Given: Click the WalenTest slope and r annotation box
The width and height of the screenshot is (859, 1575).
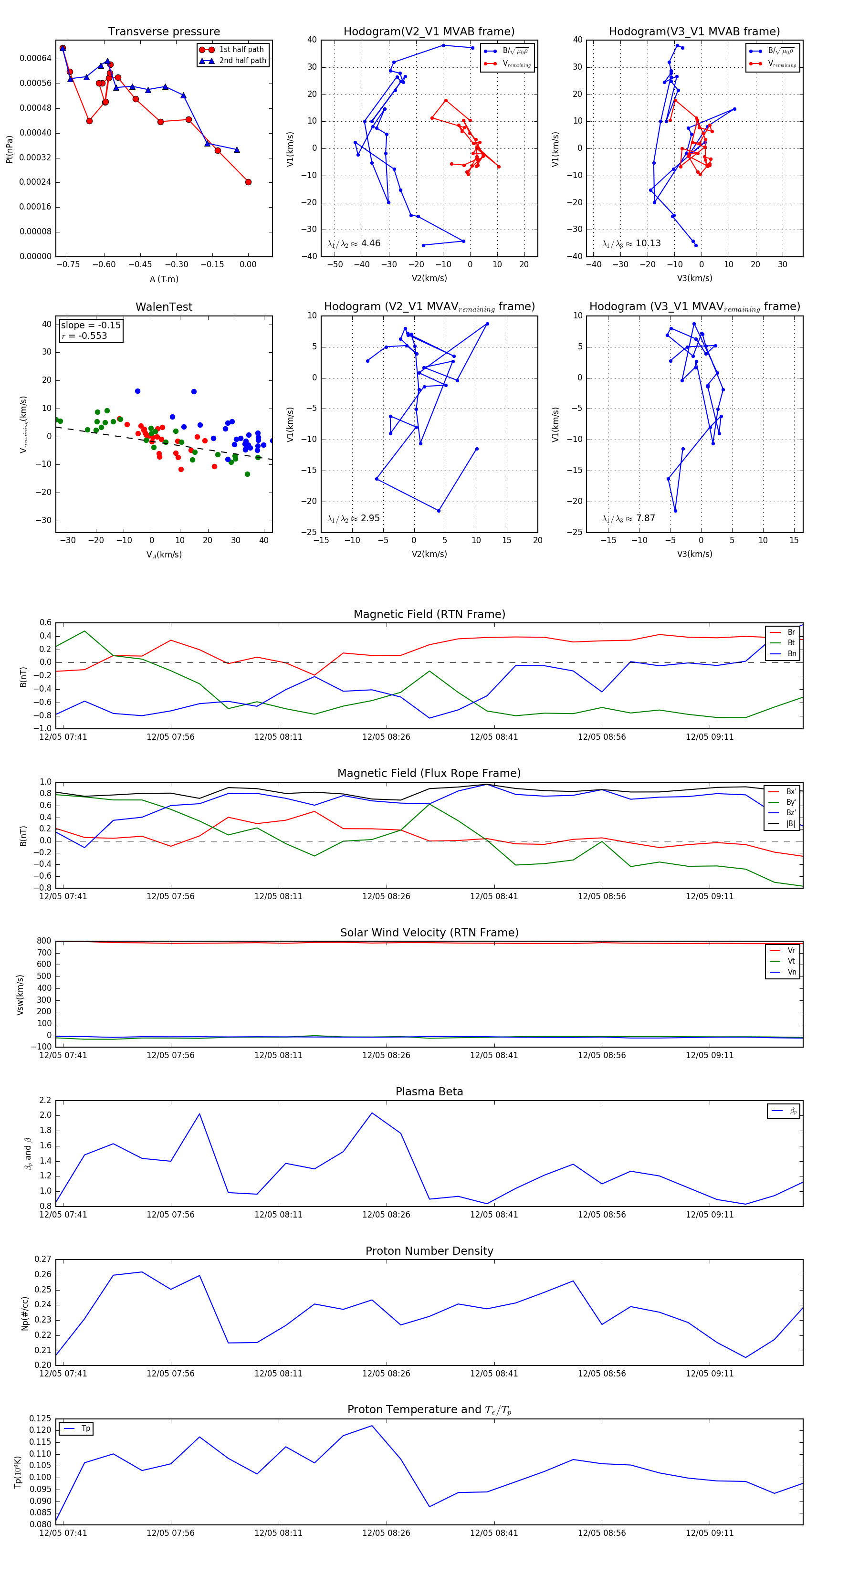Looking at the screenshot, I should [x=91, y=331].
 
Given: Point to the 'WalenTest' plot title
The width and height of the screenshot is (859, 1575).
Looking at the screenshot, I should [x=164, y=307].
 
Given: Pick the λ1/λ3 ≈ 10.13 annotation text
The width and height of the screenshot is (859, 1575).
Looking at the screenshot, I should [x=631, y=243].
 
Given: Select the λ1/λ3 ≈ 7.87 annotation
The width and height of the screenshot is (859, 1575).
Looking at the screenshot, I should [x=629, y=518].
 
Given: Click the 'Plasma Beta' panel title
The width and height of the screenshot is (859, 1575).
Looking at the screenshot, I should [x=429, y=1092].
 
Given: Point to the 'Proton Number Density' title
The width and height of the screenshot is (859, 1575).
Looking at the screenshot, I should [x=429, y=1251].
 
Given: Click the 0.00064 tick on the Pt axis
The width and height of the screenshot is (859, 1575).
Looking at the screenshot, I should [x=35, y=59].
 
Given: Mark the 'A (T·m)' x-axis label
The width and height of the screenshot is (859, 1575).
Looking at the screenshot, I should [x=164, y=279].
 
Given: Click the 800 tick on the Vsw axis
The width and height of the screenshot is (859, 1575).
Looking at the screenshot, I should [x=44, y=941].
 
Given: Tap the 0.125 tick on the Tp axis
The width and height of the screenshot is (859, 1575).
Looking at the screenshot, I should [x=41, y=1418].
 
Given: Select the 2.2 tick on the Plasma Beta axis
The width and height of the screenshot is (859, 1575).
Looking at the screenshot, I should [x=45, y=1101].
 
